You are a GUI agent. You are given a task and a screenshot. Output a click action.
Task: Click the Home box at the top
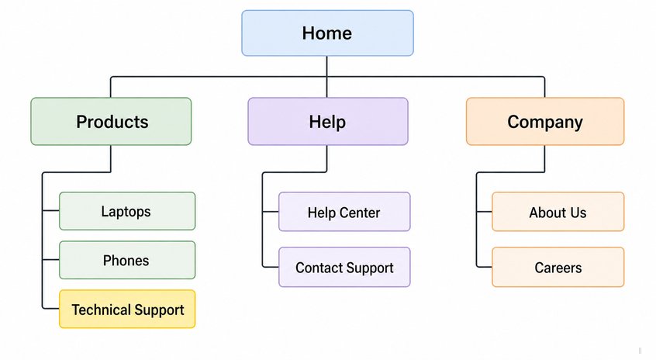point(327,33)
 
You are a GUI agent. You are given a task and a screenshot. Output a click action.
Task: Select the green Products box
point(111,121)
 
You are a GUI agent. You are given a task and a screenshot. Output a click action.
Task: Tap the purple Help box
point(328,121)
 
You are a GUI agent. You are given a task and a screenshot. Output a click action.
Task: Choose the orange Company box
point(545,121)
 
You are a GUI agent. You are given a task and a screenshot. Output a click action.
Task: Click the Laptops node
point(127,211)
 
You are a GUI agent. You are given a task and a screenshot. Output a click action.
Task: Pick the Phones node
point(127,260)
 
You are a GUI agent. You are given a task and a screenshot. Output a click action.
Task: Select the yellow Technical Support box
point(127,309)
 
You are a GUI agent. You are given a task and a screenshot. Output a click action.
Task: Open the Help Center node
point(344,212)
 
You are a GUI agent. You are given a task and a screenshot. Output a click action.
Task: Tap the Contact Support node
point(344,267)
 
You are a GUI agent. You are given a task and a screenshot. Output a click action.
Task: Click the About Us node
point(558,212)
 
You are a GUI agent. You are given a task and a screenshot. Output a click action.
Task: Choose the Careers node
point(558,267)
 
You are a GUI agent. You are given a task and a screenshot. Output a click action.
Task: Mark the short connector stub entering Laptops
point(50,210)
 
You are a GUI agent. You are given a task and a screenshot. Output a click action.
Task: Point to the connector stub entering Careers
point(484,267)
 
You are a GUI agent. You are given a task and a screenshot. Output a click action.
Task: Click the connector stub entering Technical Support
point(50,309)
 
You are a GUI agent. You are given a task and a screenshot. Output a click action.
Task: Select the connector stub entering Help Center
point(271,211)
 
